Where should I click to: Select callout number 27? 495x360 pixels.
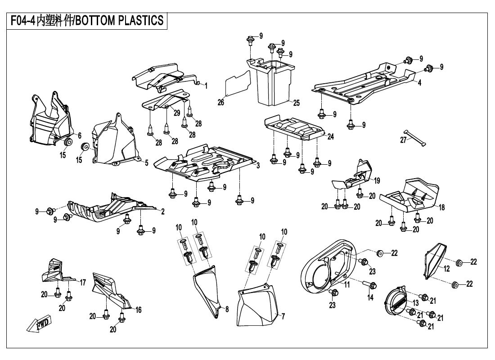coord(403,140)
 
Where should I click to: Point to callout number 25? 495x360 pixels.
coord(296,103)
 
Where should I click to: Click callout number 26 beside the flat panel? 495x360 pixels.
coord(220,102)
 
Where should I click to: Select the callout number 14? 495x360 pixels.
coord(370,297)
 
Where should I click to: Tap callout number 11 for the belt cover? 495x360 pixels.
coord(347,284)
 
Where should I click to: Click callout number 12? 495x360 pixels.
coord(446,269)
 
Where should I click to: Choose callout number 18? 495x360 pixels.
coord(441,207)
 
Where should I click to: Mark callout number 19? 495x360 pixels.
coord(377,180)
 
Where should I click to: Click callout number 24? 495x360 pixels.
coord(330,136)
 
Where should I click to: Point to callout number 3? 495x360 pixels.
coord(258,166)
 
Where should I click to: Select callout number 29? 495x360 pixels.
coord(177,112)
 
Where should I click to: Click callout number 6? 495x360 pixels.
coord(79,135)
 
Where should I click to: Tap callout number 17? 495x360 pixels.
coord(83,283)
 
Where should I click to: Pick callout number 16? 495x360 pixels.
coord(139,310)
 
